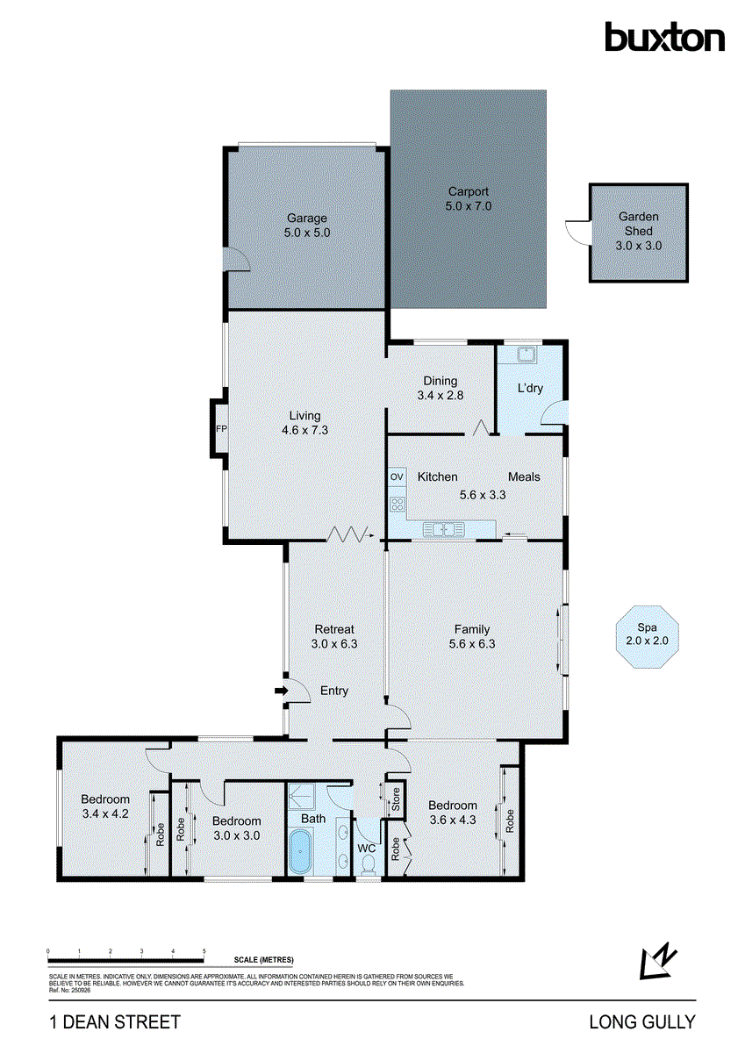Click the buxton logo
coord(664,37)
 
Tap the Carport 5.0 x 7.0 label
coord(468,199)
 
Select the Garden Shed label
coord(638,231)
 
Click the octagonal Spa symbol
coord(648,635)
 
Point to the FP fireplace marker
coord(220,429)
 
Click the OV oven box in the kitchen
coord(397,476)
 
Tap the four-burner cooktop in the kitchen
coord(397,504)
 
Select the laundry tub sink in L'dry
coord(526,355)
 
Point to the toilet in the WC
coord(369,865)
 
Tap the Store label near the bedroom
coord(396,799)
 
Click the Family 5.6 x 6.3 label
coord(472,636)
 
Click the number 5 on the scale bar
coord(204,951)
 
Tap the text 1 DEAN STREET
coord(114,1021)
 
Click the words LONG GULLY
coord(642,1021)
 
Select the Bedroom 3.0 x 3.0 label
coord(236,828)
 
